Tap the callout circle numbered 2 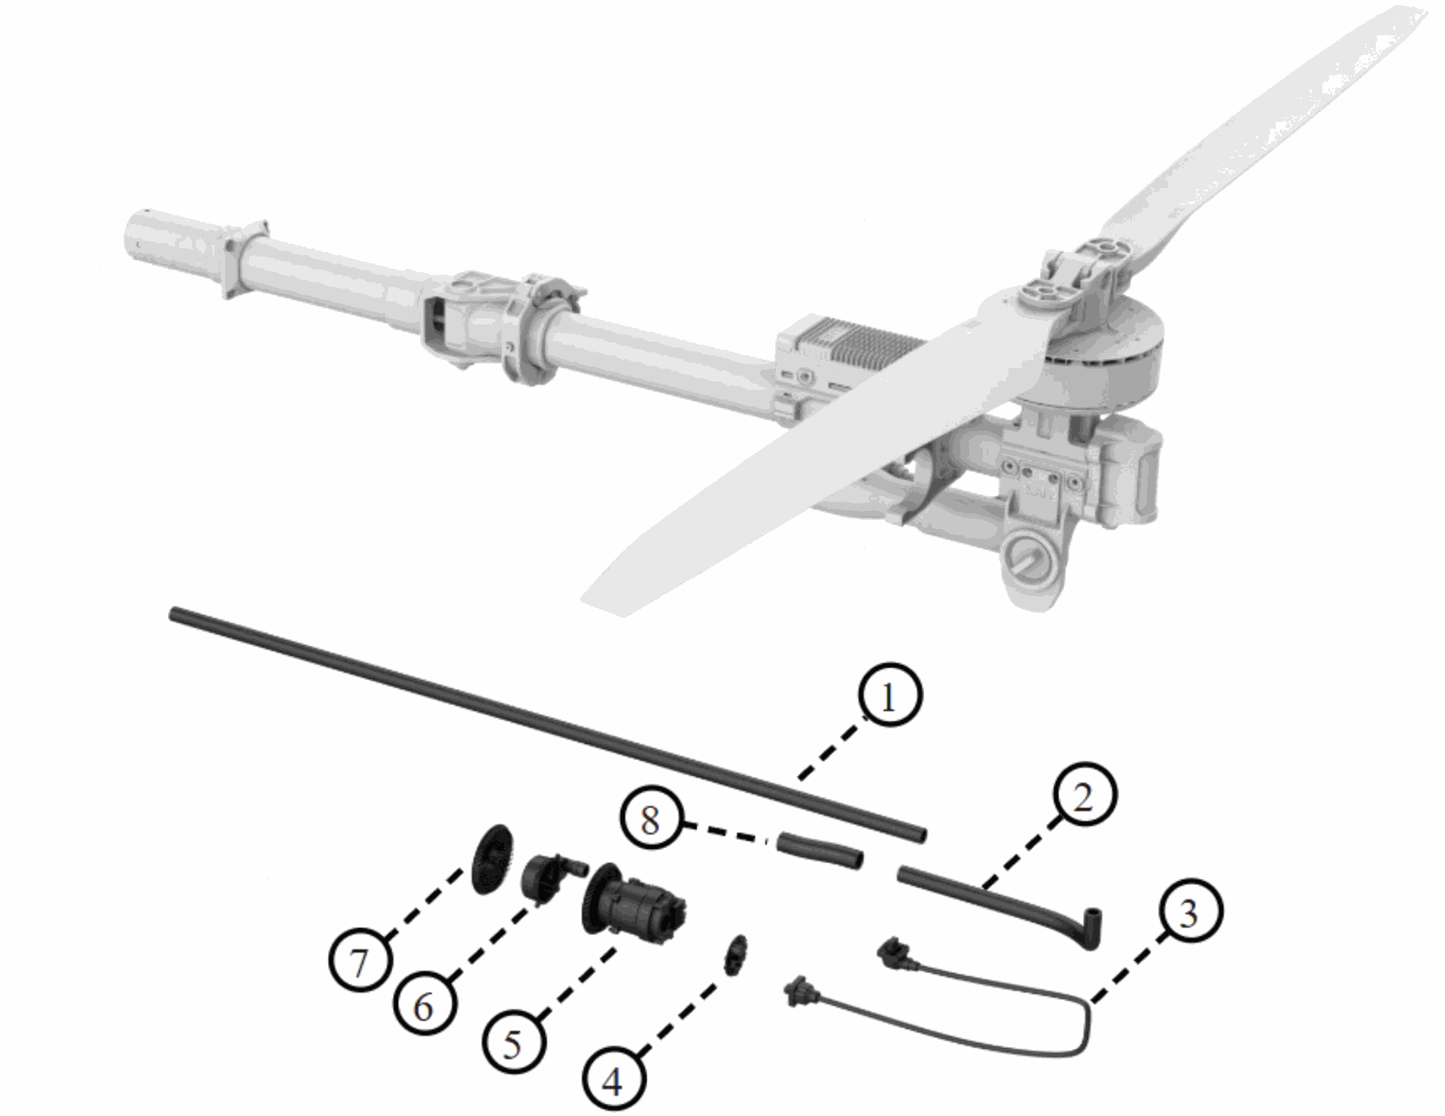click(x=1081, y=797)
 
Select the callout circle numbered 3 click(x=1188, y=913)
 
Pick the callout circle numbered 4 click(x=614, y=1081)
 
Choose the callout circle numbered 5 click(x=513, y=1043)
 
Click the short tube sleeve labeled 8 click(x=820, y=850)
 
